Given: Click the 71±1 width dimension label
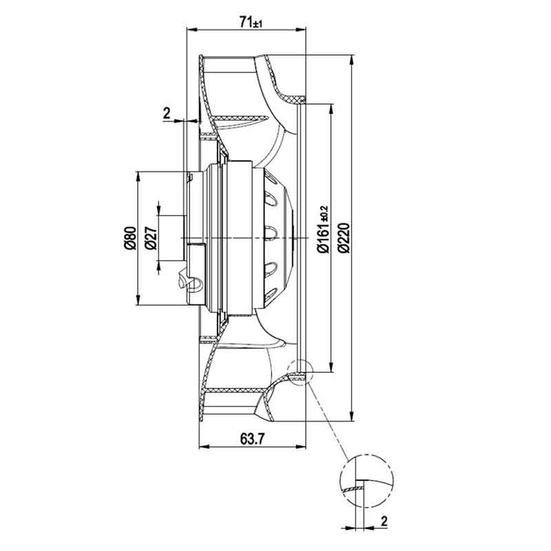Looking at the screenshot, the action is (251, 22).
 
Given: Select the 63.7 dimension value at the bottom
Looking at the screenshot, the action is (251, 439).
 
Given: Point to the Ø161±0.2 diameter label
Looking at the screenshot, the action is (323, 229).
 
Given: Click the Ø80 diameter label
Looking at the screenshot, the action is (130, 238).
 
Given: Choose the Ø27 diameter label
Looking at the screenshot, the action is (151, 238).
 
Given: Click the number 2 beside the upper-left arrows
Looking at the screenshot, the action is (167, 113).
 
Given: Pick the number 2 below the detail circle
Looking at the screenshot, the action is (384, 521).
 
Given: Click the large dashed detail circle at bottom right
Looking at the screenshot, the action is (340, 481).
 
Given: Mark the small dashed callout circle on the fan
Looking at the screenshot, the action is (287, 372).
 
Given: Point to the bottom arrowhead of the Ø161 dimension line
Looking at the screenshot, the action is (331, 367).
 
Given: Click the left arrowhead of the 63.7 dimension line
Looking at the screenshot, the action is (205, 446).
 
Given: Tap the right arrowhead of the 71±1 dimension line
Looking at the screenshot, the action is (300, 30).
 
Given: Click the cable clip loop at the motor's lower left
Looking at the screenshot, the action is (194, 284).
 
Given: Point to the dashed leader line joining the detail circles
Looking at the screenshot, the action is (328, 422).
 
